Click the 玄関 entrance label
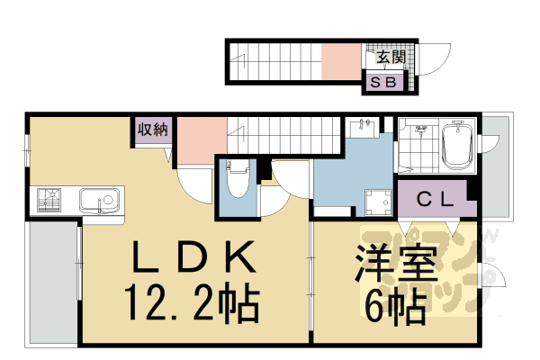point(390,58)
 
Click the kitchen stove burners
point(49,200)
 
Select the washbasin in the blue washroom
point(364,132)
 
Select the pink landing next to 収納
point(199,139)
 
